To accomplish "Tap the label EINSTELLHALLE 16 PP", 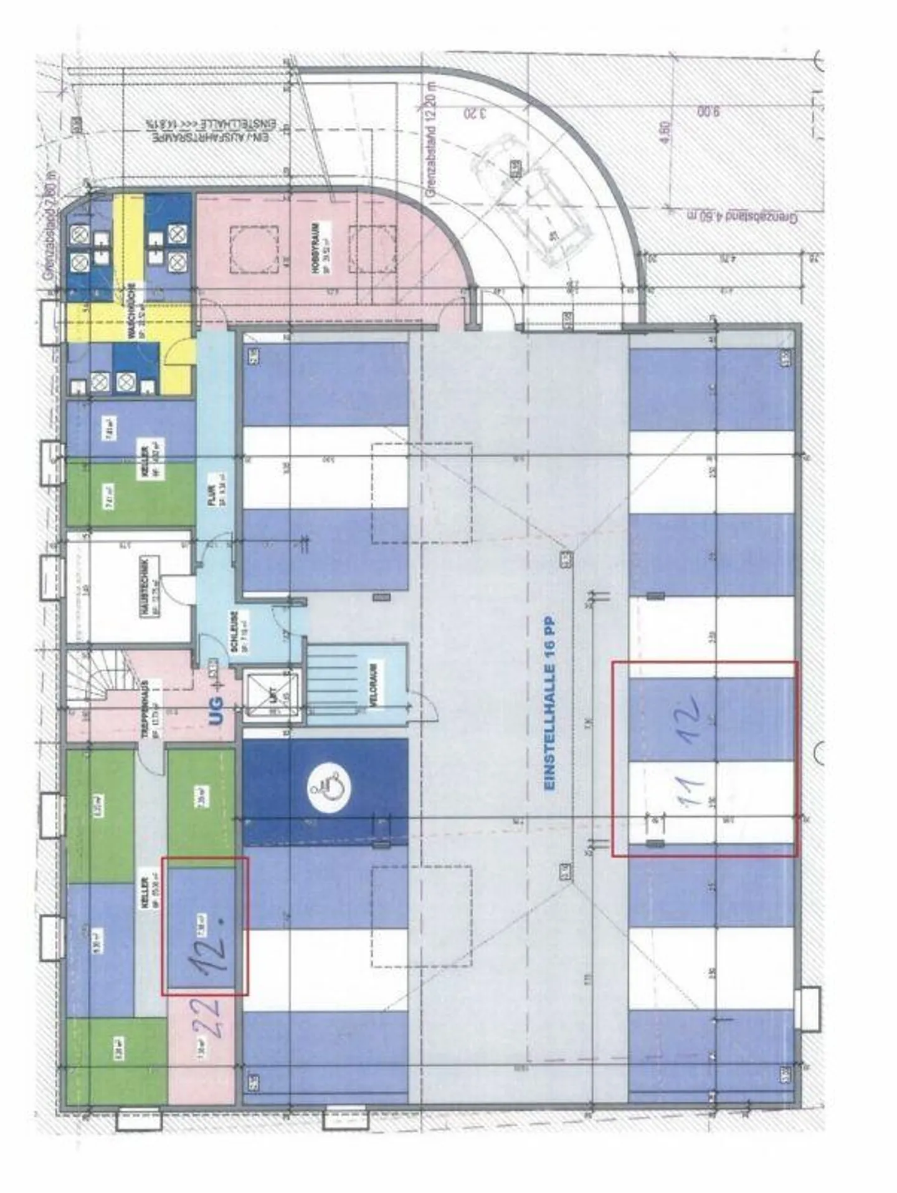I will point(549,704).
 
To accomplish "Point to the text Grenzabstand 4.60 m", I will point(742,217).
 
